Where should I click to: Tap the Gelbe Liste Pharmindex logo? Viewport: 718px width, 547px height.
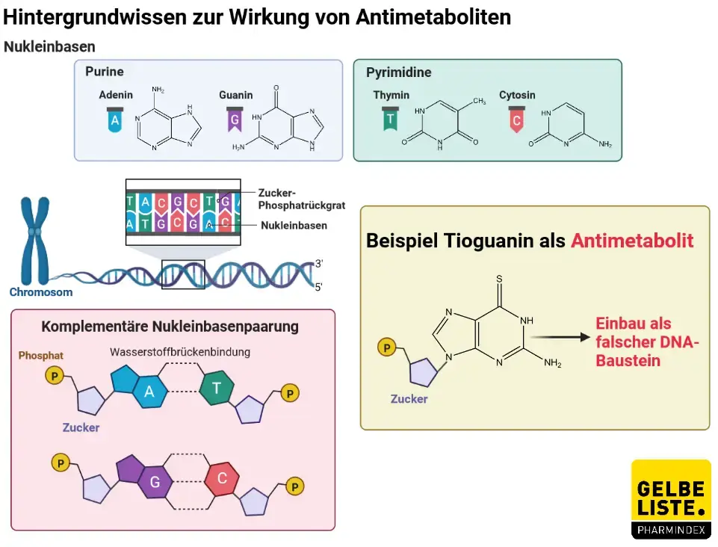pos(670,499)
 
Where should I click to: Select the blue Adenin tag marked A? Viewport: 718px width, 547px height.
pos(114,120)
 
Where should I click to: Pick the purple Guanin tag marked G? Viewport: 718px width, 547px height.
pos(235,120)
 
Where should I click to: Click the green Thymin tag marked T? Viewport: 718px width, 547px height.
pos(389,120)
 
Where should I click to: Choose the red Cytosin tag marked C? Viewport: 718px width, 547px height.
pos(516,120)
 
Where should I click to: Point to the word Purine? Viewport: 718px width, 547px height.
pos(104,72)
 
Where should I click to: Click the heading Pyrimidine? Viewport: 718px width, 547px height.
pos(398,72)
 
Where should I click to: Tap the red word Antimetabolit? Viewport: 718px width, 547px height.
pos(632,241)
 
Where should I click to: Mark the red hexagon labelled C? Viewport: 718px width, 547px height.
pos(221,478)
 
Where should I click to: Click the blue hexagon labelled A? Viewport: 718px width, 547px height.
pos(150,392)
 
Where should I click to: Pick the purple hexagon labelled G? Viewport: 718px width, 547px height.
pos(155,481)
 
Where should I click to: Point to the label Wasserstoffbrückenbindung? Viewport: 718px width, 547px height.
pos(180,351)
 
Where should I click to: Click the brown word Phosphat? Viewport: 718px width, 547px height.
pos(41,356)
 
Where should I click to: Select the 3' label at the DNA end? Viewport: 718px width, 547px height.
pos(319,264)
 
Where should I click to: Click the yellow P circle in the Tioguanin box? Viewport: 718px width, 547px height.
pos(386,347)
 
